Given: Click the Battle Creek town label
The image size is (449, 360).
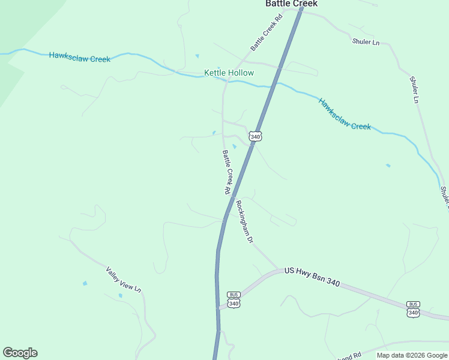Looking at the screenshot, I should [x=291, y=4].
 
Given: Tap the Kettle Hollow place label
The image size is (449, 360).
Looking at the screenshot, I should [x=229, y=73].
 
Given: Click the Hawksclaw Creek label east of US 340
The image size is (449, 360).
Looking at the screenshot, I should [x=345, y=114].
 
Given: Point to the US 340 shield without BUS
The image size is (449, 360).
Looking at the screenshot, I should [x=256, y=137].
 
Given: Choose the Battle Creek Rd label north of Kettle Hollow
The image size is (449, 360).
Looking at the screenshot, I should [x=266, y=32].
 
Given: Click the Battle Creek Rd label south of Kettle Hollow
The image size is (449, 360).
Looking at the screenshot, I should [x=227, y=172].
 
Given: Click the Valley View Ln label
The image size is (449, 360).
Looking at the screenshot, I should [x=124, y=280].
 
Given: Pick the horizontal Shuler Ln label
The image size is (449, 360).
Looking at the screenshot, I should [x=366, y=42].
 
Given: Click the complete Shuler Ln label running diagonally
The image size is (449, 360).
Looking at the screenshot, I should [x=414, y=89].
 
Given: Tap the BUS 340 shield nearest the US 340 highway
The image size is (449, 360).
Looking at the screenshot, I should [x=234, y=299].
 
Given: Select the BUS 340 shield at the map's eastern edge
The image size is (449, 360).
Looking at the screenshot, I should [x=413, y=308].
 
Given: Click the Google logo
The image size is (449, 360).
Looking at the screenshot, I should [x=20, y=353].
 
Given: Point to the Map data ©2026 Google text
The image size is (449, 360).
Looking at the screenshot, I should [x=411, y=355].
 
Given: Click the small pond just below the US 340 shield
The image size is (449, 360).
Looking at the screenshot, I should [x=235, y=146].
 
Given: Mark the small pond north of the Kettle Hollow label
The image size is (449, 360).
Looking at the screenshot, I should [x=197, y=56].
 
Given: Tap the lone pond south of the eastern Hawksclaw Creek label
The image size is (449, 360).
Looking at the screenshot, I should [x=388, y=165].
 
